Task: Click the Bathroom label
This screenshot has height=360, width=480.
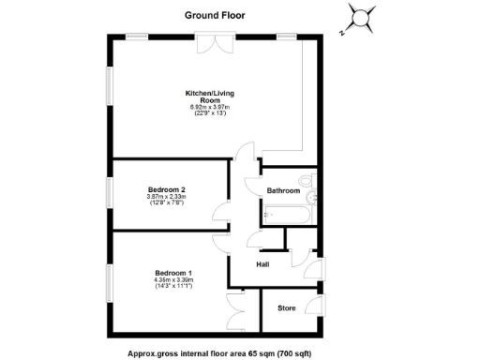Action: tap(283, 190)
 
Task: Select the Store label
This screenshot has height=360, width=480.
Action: tap(286, 307)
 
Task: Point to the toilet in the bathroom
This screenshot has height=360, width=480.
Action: tap(306, 181)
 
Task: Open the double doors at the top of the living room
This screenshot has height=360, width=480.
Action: tap(219, 45)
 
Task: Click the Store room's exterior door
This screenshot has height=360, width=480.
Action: tap(323, 306)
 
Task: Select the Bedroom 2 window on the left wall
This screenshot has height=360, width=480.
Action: tap(109, 191)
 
